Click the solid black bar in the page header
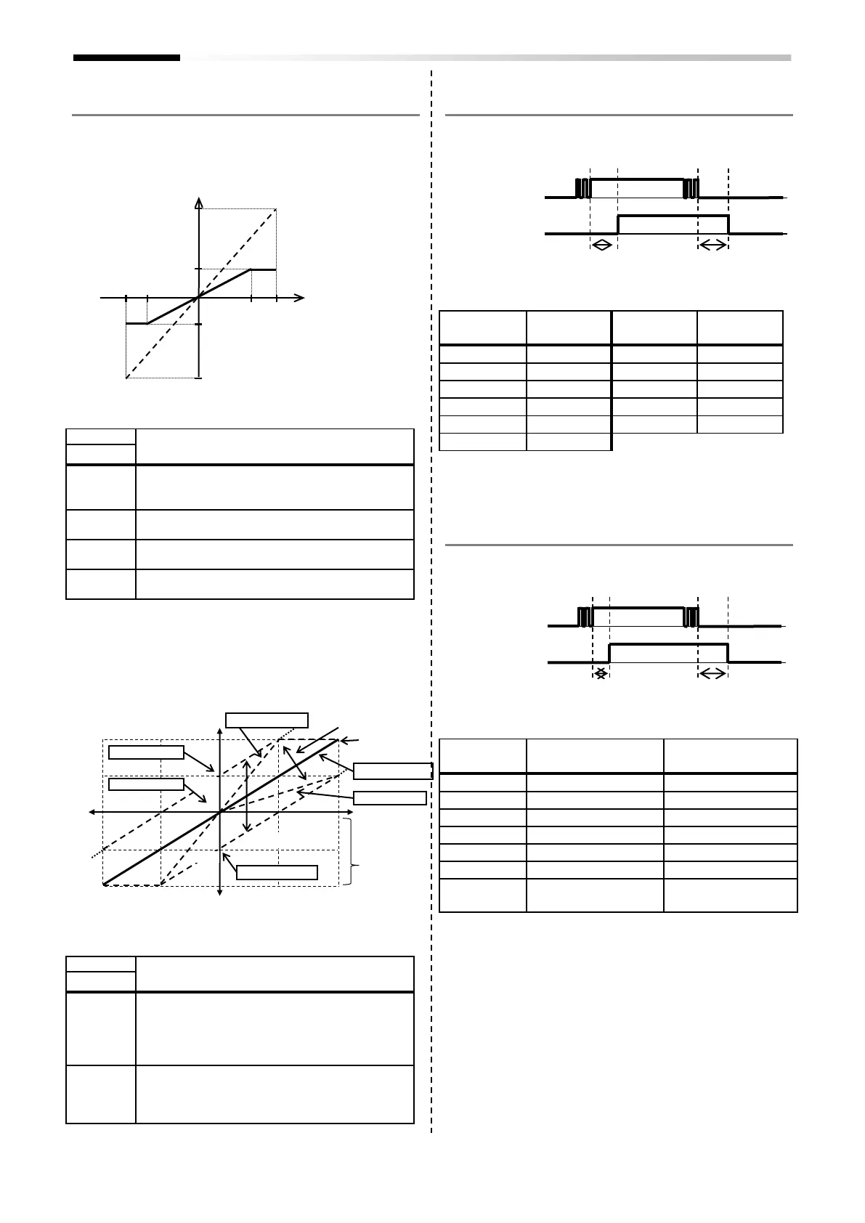126,57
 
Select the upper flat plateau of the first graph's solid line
263,269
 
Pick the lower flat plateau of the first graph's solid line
137,323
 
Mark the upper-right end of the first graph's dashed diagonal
275,211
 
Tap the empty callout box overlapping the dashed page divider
393,771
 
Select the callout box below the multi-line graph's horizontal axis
277,872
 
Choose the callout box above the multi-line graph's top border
267,720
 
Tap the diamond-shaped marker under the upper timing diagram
601,246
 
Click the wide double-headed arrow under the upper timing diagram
712,246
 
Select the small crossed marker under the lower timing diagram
601,675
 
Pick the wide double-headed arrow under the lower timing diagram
712,675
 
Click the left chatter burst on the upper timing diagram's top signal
582,188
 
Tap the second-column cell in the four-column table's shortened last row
569,442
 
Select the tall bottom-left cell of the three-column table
482,895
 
